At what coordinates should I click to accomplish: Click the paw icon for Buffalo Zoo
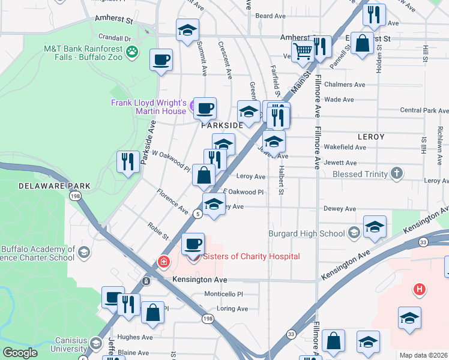click(x=132, y=53)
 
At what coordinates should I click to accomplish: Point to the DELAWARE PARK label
click(x=54, y=186)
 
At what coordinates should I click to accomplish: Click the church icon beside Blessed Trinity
click(x=396, y=174)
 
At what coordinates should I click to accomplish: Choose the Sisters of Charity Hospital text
click(x=251, y=257)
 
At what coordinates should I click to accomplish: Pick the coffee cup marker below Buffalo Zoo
click(x=161, y=61)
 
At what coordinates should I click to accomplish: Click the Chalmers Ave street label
click(x=345, y=85)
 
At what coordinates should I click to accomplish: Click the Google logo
click(x=20, y=353)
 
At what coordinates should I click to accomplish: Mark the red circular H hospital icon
click(x=420, y=290)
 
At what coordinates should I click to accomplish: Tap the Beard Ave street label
click(x=270, y=16)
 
